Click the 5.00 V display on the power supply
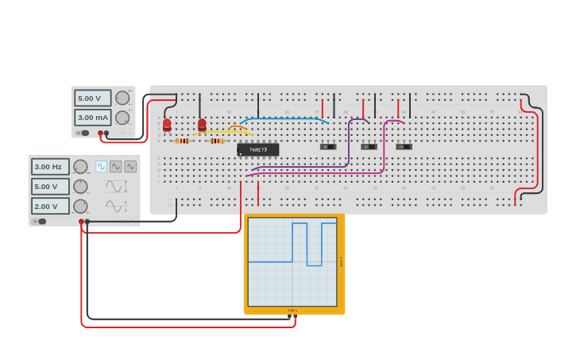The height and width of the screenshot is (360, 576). coord(92,98)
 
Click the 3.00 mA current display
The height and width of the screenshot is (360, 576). coord(92,117)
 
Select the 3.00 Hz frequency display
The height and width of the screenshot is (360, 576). coord(50,167)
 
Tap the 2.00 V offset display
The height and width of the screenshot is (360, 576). coord(50,206)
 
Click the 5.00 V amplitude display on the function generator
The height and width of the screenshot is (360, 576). coord(50,186)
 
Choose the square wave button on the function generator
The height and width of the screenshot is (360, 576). coord(101,166)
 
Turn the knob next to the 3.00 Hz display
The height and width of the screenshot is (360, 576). coord(80,167)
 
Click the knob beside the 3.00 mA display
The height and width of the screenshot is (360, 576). coord(122,118)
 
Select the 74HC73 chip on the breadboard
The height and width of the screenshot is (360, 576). coord(258,149)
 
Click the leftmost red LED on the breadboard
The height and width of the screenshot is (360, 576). coord(167,124)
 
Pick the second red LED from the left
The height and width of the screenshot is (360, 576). coord(202,124)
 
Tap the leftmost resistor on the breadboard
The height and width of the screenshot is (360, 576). coord(183,141)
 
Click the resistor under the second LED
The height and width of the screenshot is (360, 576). coord(216,141)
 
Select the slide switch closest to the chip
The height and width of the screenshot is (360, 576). coord(328,146)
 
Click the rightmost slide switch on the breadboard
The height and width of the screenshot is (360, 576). coord(404,146)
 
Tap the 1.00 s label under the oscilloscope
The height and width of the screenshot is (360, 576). coord(292,310)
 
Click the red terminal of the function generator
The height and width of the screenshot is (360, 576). coord(81,221)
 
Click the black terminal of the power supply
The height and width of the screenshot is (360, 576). coord(106,133)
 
